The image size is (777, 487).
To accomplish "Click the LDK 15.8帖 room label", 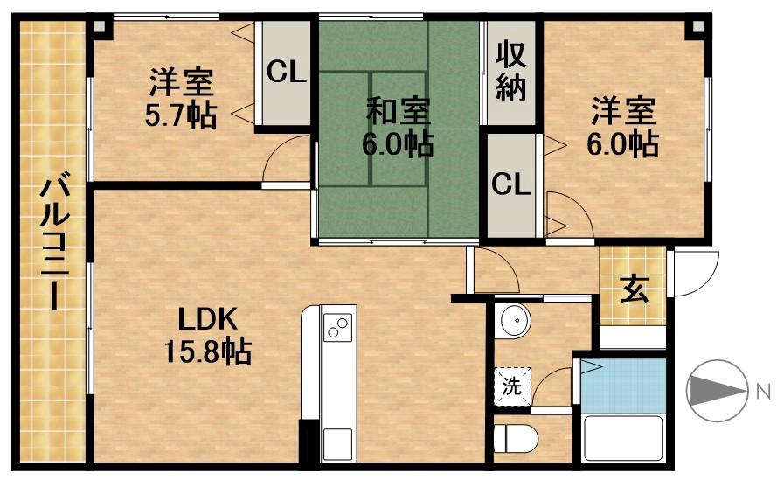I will click(208, 336).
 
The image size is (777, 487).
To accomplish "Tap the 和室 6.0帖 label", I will click(398, 128).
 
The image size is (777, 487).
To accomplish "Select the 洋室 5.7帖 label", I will click(180, 101).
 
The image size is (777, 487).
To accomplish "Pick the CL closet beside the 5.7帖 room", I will click(286, 73).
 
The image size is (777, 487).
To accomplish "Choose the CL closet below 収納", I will click(511, 184).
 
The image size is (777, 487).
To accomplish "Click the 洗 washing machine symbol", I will click(511, 385).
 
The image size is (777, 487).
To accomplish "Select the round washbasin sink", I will click(514, 322).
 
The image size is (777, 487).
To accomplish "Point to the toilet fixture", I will click(516, 437).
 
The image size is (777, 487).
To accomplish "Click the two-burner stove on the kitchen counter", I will click(337, 328).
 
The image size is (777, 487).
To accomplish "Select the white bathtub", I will click(622, 437).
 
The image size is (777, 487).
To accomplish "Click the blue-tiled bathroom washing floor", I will click(622, 385).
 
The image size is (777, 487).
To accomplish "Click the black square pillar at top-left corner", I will click(99, 24).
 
